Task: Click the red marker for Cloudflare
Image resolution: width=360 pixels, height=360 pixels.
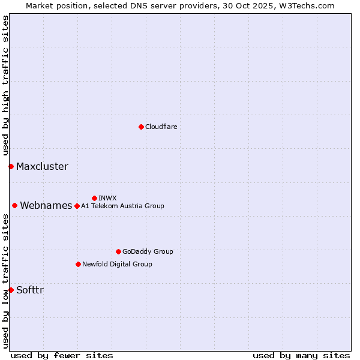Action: click(141, 127)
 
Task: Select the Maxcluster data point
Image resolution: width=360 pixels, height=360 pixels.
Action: click(11, 166)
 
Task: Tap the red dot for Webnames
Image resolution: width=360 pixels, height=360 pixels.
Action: click(14, 205)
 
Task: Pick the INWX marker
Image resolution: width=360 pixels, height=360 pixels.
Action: click(94, 198)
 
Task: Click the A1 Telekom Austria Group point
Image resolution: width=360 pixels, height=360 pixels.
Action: click(77, 206)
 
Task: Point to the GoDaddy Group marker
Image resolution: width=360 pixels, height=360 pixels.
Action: click(118, 251)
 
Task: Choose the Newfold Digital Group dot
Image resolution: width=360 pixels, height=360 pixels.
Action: click(78, 264)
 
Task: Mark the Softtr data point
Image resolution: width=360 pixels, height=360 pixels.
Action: click(11, 290)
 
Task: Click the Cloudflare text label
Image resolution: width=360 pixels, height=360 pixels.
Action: click(161, 127)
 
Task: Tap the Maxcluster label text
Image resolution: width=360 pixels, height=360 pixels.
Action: click(42, 166)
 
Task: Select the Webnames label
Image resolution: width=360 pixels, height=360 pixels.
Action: click(46, 205)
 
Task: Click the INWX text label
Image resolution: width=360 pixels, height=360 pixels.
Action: click(107, 198)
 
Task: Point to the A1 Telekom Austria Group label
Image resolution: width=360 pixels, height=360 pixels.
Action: click(122, 206)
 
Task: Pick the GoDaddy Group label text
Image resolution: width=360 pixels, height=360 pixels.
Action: click(148, 251)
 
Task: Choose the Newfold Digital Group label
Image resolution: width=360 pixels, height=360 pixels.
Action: click(117, 264)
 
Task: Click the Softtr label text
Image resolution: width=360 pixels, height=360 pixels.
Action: click(30, 290)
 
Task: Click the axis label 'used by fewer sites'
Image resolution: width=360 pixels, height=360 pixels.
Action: click(62, 355)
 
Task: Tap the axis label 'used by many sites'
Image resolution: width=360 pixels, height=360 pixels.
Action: click(301, 355)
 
